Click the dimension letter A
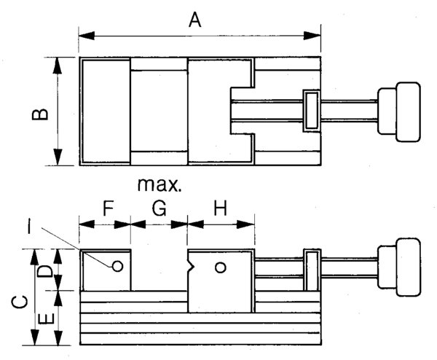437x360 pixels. (194, 19)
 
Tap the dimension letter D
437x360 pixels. (45, 270)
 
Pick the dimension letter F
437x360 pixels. (107, 208)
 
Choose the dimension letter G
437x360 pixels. (160, 208)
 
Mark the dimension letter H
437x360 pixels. (221, 208)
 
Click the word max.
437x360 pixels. (160, 184)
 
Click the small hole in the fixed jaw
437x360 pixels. (117, 266)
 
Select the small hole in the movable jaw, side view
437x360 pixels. (221, 267)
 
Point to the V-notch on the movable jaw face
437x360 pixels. (191, 267)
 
